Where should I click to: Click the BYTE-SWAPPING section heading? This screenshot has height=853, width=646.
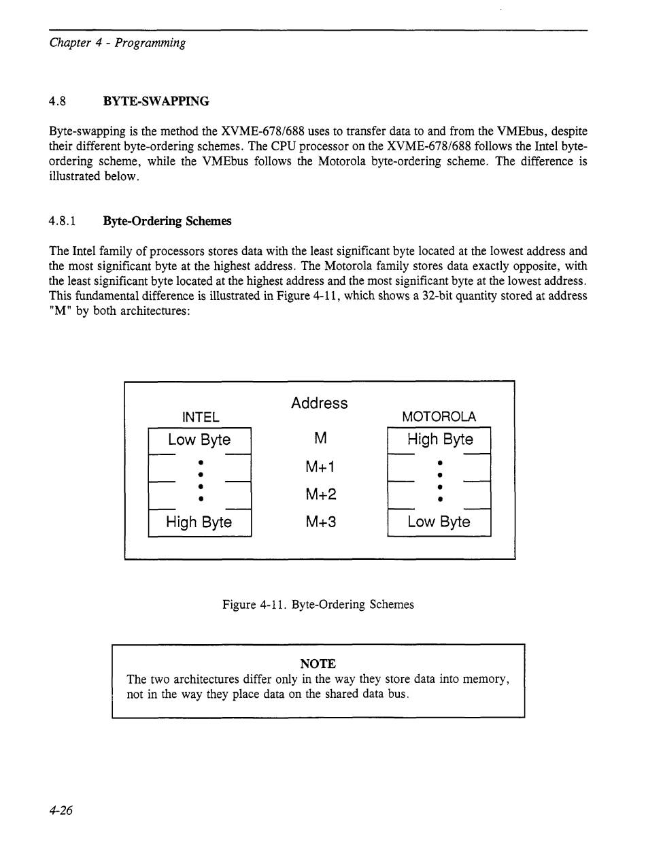(x=156, y=101)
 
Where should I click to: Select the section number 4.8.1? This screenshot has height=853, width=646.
(x=61, y=221)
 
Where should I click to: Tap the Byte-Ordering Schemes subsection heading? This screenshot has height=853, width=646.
(x=167, y=221)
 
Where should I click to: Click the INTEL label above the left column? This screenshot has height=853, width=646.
(x=201, y=417)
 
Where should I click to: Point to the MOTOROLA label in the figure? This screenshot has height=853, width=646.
(x=439, y=417)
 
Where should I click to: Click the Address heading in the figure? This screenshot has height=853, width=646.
(x=319, y=403)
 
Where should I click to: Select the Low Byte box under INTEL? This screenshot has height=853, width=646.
(x=199, y=439)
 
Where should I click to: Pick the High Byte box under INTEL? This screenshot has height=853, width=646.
(x=199, y=522)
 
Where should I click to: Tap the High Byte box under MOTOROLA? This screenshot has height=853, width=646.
(x=439, y=439)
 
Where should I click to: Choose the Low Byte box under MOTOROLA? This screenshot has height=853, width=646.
(x=439, y=522)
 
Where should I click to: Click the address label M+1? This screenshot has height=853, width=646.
(x=320, y=467)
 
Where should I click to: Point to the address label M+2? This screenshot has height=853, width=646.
(x=320, y=495)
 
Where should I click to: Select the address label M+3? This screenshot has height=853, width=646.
(x=320, y=522)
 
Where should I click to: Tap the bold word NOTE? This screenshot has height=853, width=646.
(x=318, y=663)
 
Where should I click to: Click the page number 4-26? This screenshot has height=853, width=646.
(x=61, y=810)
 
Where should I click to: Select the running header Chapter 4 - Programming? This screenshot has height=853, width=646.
(x=118, y=43)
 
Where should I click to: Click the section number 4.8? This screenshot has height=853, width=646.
(x=57, y=101)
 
